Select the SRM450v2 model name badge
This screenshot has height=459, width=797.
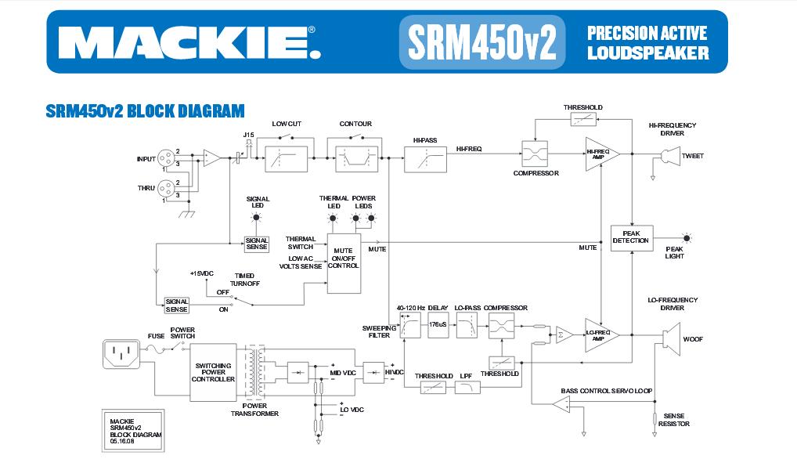481,42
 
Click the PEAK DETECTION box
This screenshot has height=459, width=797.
631,237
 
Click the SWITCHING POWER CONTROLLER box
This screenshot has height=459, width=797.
213,371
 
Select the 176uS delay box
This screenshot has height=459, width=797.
438,324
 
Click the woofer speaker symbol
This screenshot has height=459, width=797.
667,339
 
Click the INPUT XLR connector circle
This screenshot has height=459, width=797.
166,159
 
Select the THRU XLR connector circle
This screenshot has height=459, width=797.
166,189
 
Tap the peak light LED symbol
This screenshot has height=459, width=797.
687,237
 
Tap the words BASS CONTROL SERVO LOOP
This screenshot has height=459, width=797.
607,390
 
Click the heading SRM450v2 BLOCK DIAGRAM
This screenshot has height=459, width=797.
146,110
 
